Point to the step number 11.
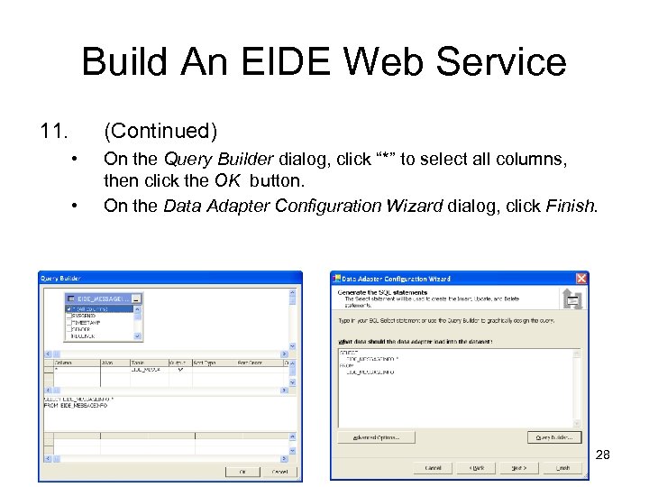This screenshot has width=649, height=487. (54, 132)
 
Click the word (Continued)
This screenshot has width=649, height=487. (160, 132)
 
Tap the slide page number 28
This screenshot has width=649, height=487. (603, 455)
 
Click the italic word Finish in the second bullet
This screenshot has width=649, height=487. (570, 206)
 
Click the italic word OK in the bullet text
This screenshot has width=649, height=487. (227, 179)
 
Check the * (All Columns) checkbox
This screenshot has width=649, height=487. (70, 308)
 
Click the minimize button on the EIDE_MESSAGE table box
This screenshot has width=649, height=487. (135, 298)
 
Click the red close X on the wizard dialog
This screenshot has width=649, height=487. (581, 279)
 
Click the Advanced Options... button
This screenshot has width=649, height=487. (375, 437)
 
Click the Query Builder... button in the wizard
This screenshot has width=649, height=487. (553, 437)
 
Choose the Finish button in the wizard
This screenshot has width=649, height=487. (562, 468)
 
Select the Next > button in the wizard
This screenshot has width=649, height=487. (519, 468)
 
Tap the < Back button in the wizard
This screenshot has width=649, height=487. (476, 468)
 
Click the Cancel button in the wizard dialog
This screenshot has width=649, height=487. (434, 468)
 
